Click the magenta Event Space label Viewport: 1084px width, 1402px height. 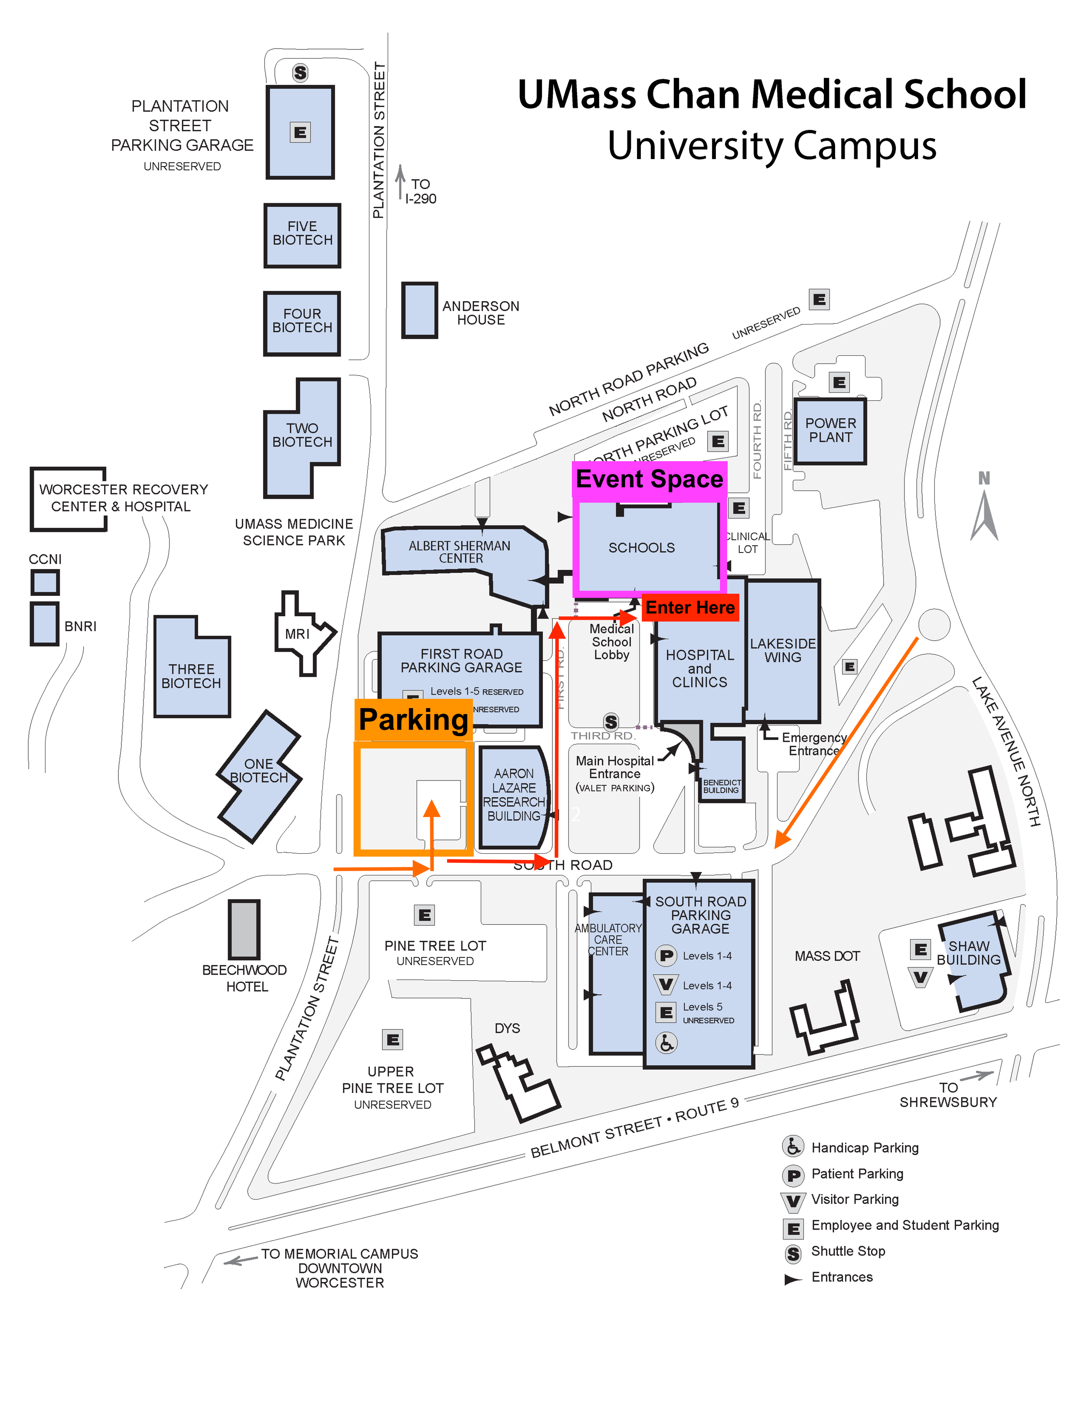click(x=649, y=479)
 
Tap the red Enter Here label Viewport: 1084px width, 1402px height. click(x=690, y=607)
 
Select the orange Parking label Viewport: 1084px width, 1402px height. click(x=414, y=719)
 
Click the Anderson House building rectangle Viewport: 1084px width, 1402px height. click(x=419, y=310)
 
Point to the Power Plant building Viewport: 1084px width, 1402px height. click(x=830, y=431)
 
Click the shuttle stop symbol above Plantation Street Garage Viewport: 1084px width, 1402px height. click(x=300, y=72)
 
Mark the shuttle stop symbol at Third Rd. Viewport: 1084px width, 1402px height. click(x=611, y=722)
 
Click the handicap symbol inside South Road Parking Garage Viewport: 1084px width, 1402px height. click(x=666, y=1043)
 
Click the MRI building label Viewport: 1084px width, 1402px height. click(x=297, y=634)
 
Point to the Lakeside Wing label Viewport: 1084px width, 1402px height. click(x=783, y=650)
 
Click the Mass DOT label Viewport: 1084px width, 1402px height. click(x=827, y=956)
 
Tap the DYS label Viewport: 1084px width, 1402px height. click(x=507, y=1028)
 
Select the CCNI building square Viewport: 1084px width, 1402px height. click(x=45, y=582)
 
